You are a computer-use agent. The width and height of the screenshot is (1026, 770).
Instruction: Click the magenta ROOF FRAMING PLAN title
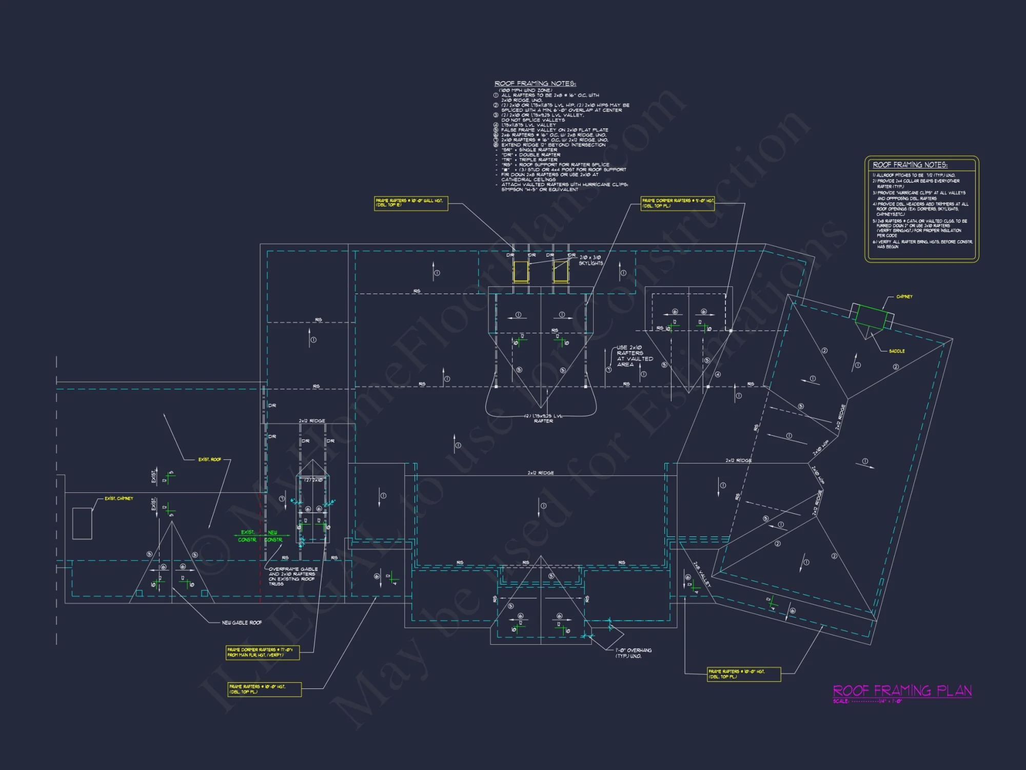902,690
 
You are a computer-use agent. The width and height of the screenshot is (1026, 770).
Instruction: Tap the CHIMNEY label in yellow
904,297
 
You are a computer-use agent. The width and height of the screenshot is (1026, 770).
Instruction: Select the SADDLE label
897,351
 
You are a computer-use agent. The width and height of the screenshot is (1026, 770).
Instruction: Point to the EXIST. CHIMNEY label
119,498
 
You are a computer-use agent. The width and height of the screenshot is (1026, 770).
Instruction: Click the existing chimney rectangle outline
82,523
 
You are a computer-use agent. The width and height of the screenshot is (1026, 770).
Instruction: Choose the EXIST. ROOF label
210,459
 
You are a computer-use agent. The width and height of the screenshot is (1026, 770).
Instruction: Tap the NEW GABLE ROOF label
242,623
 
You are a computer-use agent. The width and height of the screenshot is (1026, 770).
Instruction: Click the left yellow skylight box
521,272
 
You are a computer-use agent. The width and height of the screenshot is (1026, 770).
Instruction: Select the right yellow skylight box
560,272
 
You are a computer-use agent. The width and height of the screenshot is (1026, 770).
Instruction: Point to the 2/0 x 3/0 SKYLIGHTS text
591,260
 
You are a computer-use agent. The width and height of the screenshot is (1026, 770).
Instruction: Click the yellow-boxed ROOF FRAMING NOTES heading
910,165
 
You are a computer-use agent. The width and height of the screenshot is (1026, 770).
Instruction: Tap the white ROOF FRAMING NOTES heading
535,84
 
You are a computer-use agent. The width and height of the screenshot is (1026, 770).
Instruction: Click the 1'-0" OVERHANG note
634,653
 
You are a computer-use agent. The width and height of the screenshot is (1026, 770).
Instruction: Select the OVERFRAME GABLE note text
293,576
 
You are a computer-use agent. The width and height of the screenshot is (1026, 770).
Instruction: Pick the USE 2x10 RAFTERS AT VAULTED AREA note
635,356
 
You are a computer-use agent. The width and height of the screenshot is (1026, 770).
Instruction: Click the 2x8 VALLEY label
702,574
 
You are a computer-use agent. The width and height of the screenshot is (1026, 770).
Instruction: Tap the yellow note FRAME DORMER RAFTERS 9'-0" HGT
678,203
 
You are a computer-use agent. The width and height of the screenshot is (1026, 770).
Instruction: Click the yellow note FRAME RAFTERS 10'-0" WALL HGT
411,203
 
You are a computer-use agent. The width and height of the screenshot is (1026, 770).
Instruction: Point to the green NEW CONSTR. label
273,536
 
